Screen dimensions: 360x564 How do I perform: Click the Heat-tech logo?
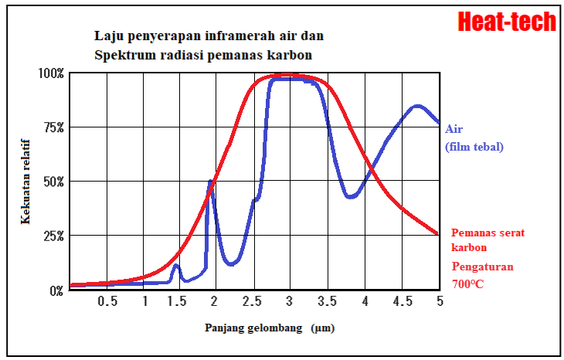[x=507, y=21]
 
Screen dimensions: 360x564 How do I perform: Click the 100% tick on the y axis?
[x=52, y=73]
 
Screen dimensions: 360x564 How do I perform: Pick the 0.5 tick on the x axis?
[x=107, y=301]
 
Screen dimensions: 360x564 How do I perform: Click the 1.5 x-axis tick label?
[x=178, y=301]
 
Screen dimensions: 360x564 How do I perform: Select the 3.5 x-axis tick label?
[x=328, y=301]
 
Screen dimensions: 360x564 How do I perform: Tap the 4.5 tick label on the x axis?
[x=402, y=301]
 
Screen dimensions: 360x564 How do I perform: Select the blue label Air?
[x=454, y=129]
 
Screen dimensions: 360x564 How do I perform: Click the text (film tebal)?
[x=474, y=146]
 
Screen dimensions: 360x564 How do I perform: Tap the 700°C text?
[x=469, y=284]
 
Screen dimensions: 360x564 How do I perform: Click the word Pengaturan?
[x=482, y=267]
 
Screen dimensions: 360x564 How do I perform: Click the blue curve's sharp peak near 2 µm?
[x=210, y=182]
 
